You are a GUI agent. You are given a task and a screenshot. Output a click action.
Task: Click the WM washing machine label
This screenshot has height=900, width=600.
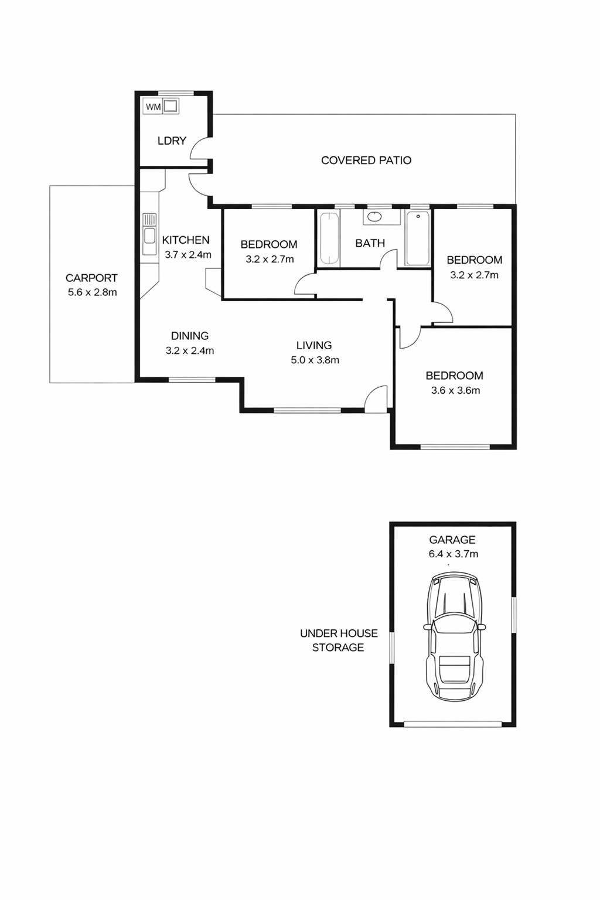point(153,107)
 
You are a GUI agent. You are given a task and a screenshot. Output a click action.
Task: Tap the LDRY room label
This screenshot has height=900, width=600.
point(172,141)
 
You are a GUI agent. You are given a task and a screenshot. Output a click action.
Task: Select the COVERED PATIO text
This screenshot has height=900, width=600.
point(366,161)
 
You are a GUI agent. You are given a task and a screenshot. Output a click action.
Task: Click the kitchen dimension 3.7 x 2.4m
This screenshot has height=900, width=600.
point(188,255)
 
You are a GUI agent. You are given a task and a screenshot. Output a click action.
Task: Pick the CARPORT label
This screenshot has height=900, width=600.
point(91,278)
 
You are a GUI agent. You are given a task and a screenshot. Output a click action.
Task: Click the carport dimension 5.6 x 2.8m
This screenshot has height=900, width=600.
point(93,292)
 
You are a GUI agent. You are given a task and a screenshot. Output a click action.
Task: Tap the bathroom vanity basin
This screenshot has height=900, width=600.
point(374,217)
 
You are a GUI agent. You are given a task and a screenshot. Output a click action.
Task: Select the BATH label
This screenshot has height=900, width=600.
point(370,243)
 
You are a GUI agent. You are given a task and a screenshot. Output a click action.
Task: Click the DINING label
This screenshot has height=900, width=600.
point(190,336)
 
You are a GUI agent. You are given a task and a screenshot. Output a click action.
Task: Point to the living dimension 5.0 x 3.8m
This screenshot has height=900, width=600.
point(315,360)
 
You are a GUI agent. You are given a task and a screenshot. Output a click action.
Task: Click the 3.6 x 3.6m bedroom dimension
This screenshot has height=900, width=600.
point(456,390)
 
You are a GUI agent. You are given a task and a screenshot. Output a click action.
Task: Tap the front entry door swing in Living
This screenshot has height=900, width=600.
point(376,399)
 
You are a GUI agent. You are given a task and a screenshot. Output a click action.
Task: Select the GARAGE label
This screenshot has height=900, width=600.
point(452,540)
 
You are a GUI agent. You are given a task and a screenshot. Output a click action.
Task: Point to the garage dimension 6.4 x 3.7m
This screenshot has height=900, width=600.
point(454,554)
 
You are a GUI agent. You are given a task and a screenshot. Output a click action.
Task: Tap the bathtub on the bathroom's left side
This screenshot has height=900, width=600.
point(329,238)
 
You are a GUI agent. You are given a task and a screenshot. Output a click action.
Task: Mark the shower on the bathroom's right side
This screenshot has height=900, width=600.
point(418,238)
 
